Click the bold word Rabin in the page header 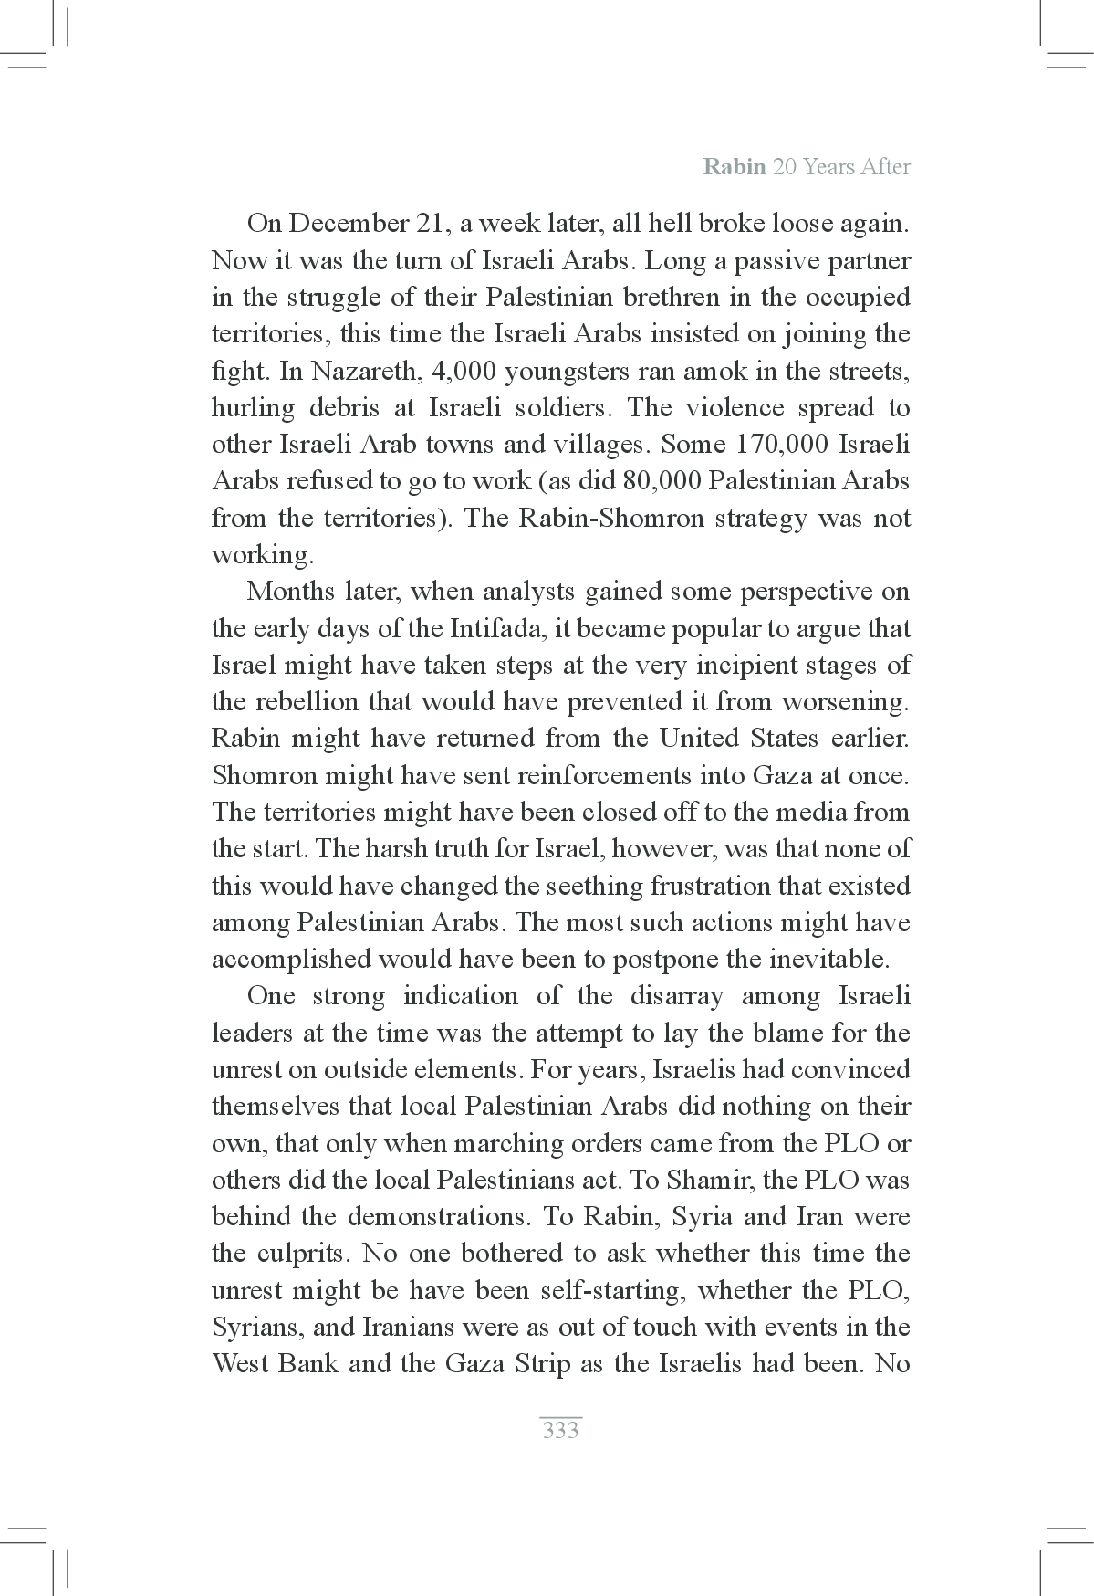735,167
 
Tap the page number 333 560,1430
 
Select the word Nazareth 359,372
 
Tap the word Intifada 491,629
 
